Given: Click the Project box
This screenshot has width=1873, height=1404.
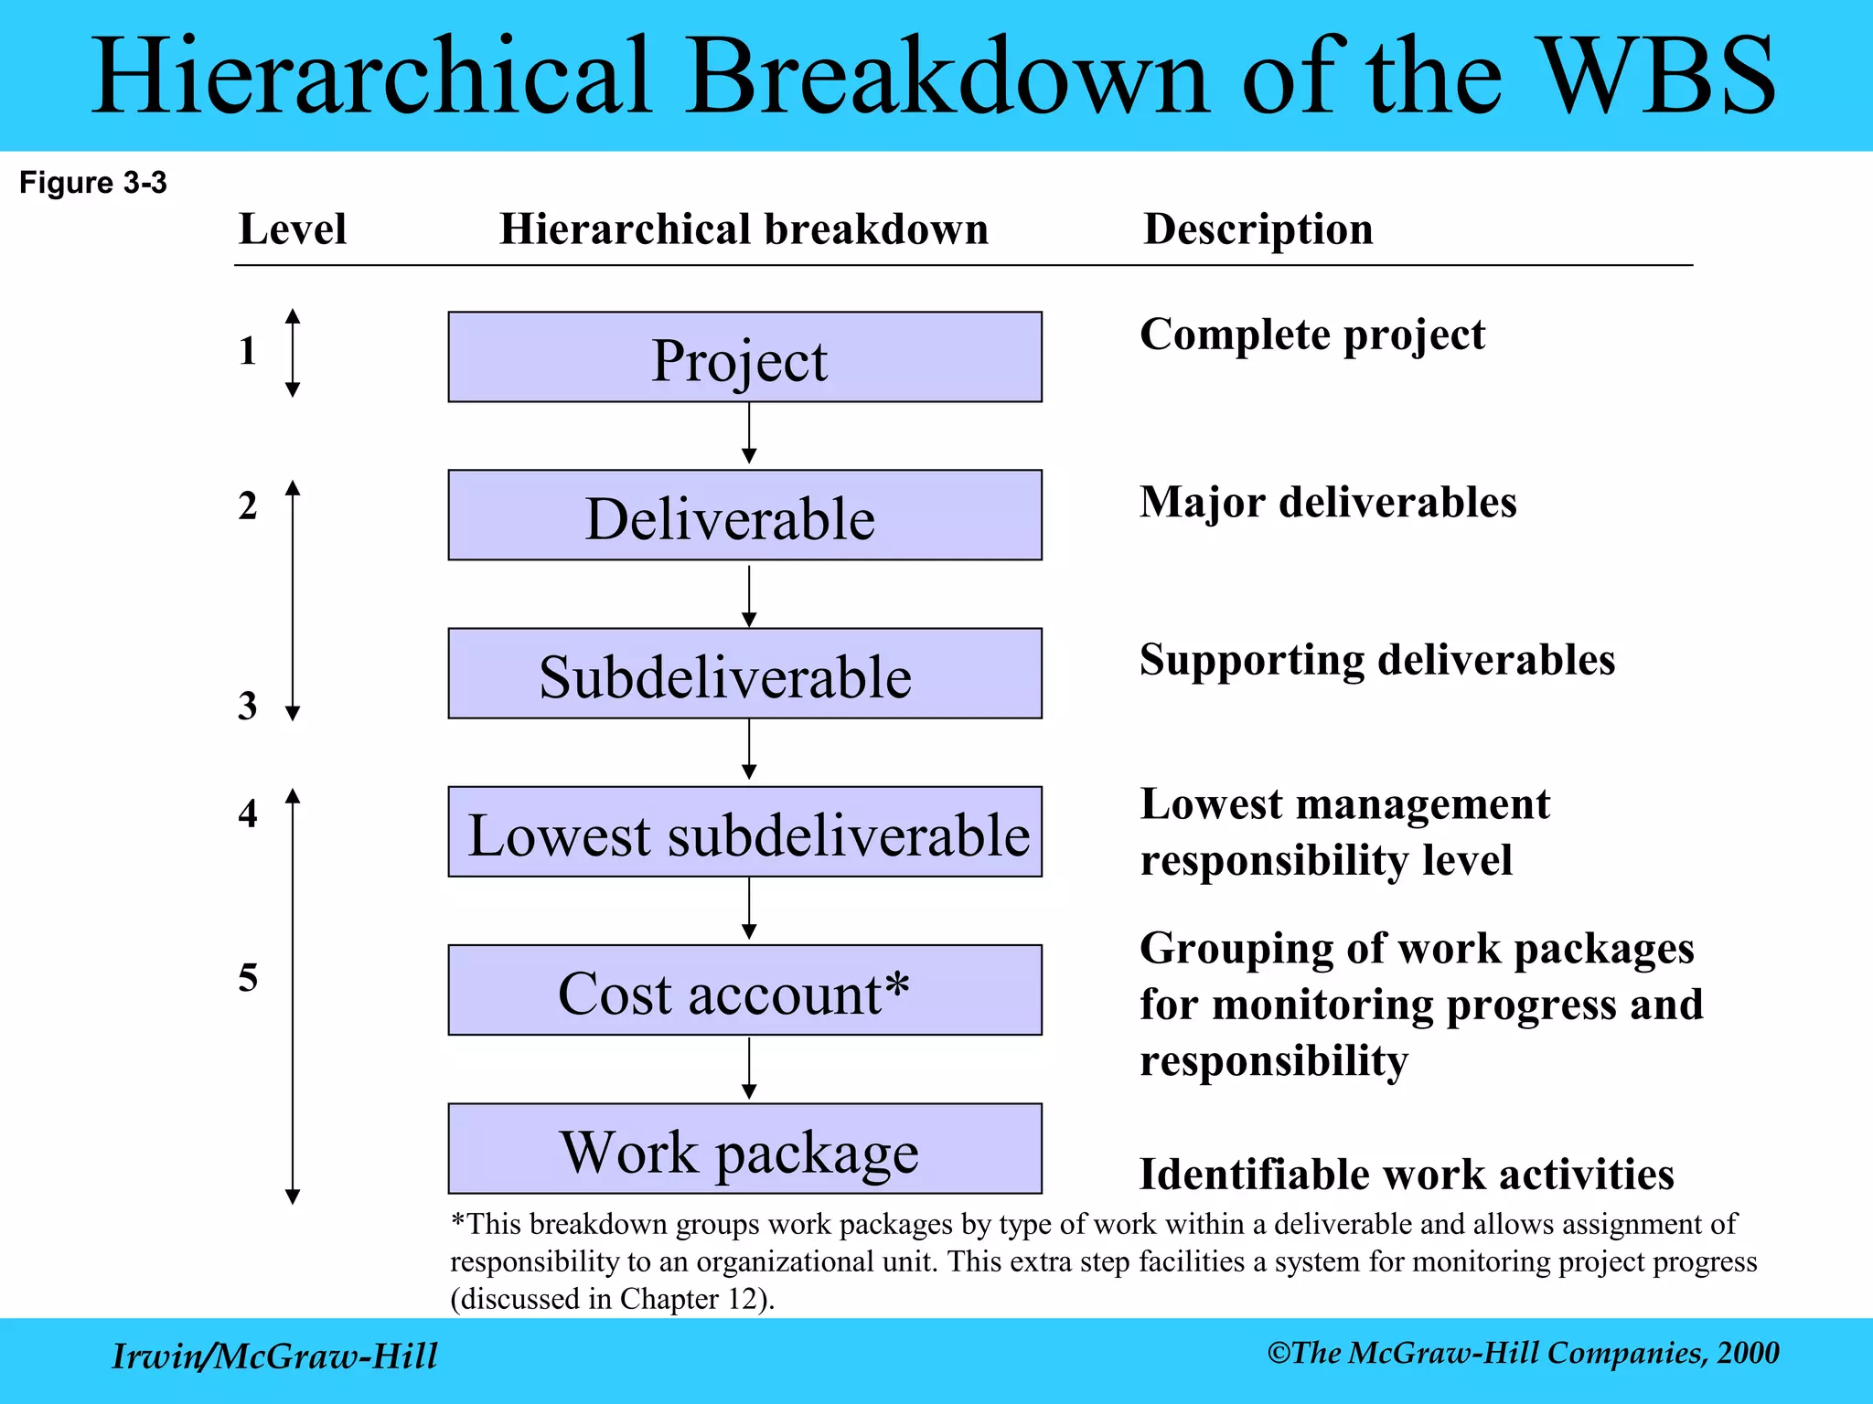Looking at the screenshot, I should (744, 357).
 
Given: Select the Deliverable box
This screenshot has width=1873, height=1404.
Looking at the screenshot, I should (744, 516).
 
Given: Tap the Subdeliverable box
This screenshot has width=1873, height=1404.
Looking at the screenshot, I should (744, 674).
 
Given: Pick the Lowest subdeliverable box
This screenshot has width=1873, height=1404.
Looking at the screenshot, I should (744, 832).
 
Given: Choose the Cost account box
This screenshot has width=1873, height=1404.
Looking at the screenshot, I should (744, 990).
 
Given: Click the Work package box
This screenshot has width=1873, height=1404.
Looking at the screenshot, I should (744, 1149).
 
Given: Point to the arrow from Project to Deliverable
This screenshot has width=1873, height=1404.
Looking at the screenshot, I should (749, 433).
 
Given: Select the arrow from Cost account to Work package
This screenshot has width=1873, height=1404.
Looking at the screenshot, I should (749, 1068).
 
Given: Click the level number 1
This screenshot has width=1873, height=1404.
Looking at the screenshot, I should (247, 351).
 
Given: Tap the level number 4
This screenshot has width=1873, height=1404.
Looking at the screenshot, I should (248, 814).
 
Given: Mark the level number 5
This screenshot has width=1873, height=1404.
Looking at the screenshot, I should (248, 978).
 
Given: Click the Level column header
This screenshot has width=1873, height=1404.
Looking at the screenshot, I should (292, 229).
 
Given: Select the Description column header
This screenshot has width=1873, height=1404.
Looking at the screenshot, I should (1258, 229).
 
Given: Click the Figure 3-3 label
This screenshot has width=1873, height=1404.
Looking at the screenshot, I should (93, 183).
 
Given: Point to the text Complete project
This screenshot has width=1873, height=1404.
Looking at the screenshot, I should (1311, 335).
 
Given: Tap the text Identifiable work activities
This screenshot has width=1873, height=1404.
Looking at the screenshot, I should (1406, 1175).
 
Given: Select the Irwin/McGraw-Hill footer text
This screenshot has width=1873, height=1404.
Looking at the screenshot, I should (274, 1356).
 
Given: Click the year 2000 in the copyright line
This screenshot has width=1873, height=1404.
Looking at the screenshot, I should (1748, 1353).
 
